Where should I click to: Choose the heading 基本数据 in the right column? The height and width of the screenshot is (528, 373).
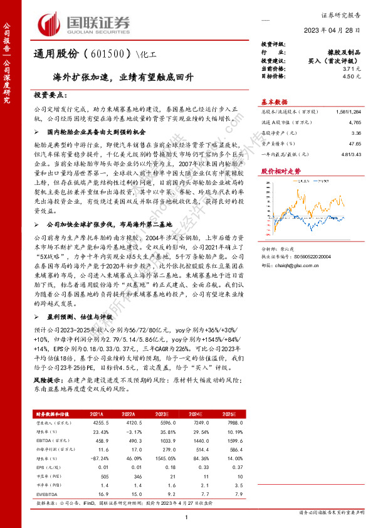click(274, 102)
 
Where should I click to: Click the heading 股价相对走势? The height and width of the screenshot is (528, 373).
click(276, 171)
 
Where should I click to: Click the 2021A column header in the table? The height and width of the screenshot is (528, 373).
click(97, 414)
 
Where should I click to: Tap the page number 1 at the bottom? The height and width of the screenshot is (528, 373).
click(187, 516)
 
